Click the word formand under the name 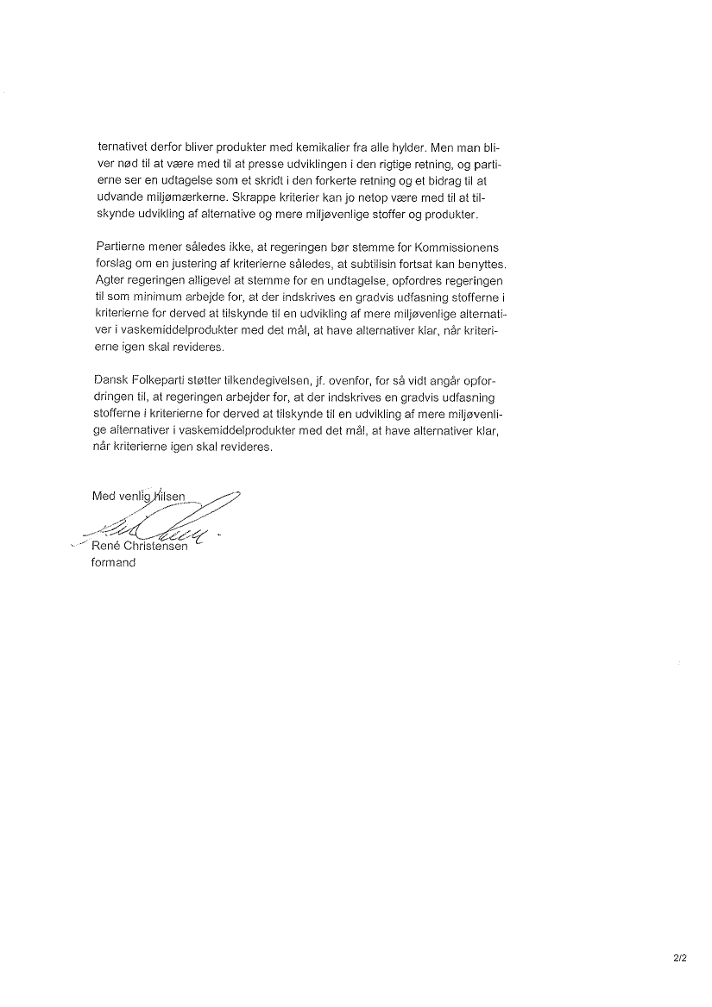[113, 563]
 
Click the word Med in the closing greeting [104, 496]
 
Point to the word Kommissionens [456, 247]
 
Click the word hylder [413, 147]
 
